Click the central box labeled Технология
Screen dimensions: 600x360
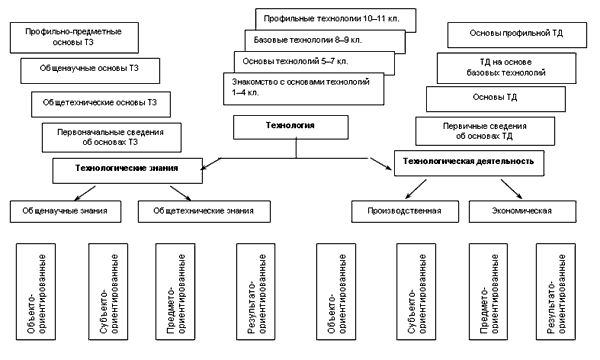tap(291, 127)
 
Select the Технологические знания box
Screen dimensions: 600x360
tap(127, 171)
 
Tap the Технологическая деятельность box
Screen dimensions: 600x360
tap(469, 163)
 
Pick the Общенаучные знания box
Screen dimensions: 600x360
tap(65, 211)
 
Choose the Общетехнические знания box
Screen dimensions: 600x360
tap(204, 211)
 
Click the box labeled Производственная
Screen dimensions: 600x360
tap(405, 211)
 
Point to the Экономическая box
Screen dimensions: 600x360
tap(522, 211)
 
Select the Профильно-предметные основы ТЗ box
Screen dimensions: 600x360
tap(74, 37)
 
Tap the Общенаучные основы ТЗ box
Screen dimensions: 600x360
tap(90, 71)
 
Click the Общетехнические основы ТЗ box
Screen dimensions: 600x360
tap(101, 104)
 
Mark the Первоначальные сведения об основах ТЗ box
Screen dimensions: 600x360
tap(111, 137)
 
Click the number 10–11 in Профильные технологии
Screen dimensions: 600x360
tap(375, 18)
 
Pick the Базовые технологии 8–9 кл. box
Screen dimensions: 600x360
tap(325, 41)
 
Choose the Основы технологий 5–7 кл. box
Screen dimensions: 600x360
tap(314, 63)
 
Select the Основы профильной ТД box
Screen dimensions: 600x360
tap(517, 35)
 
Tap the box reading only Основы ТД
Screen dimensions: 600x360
tap(496, 99)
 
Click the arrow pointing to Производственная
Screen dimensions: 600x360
tap(416, 189)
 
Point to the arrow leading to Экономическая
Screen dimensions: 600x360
tap(512, 189)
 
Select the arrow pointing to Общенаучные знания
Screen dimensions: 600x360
tap(85, 193)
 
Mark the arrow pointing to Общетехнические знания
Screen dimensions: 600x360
tap(181, 193)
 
